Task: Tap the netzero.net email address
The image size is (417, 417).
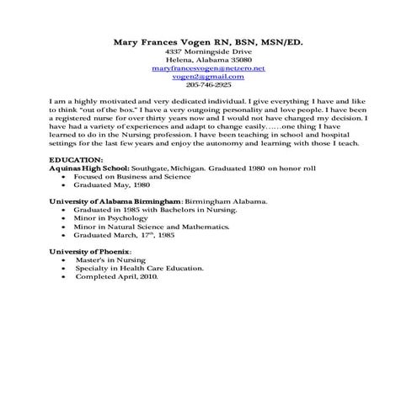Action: coord(208,67)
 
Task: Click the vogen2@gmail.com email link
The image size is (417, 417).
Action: coord(208,76)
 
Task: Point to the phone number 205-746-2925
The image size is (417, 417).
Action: coord(208,84)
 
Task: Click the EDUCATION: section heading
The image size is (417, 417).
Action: coord(77,159)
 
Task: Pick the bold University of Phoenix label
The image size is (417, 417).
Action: coord(90,252)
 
